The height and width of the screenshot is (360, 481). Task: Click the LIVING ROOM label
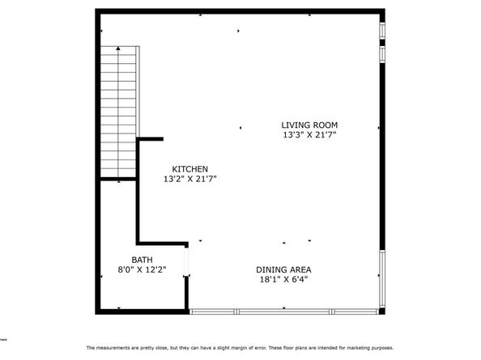309,125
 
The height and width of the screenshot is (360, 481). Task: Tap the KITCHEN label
190,168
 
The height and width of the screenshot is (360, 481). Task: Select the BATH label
131,259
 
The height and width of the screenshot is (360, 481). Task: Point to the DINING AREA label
283,269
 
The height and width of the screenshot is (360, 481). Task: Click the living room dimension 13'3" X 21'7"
309,135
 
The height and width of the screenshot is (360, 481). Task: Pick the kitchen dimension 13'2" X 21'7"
190,179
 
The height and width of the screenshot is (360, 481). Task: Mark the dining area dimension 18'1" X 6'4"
283,280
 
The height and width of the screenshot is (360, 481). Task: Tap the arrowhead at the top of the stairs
119,50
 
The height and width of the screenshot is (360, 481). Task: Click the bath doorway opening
188,260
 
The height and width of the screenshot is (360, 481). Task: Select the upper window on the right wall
383,40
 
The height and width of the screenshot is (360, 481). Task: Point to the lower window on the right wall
383,279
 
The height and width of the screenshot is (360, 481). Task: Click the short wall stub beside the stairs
151,140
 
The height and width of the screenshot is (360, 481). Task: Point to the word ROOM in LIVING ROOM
326,125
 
